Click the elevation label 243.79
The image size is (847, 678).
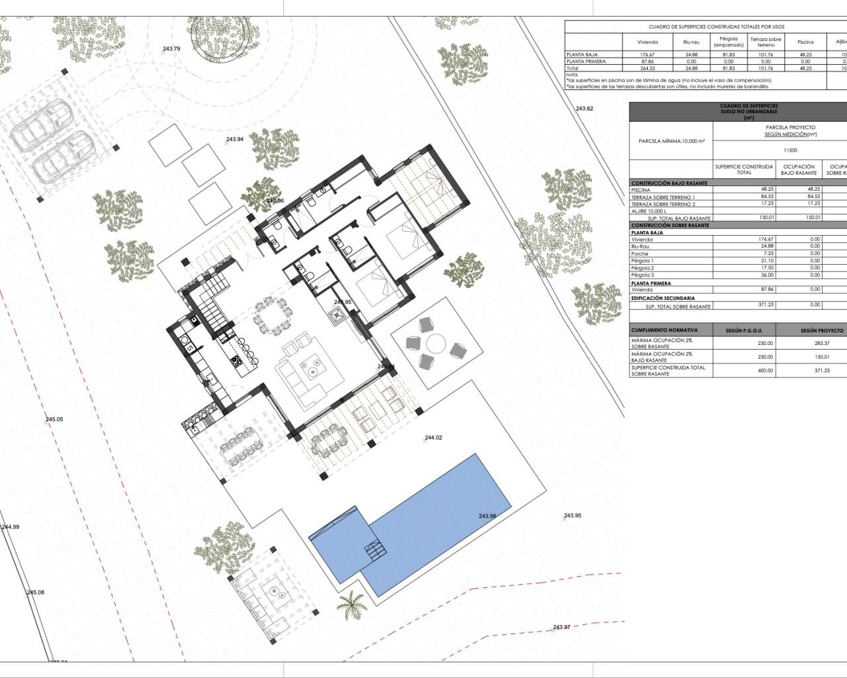[x=171, y=48]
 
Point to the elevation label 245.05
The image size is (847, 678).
[x=54, y=419]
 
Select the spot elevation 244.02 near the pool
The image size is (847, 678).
[x=433, y=438]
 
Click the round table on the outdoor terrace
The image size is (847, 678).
[x=435, y=343]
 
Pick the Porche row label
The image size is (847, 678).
[x=640, y=254]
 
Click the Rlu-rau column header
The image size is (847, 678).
[x=691, y=42]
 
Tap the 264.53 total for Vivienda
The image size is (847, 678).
[x=646, y=68]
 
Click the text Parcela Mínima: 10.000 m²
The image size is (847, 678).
[x=672, y=141]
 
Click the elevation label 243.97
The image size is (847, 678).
[x=561, y=627]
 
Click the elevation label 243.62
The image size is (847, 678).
[x=585, y=108]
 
